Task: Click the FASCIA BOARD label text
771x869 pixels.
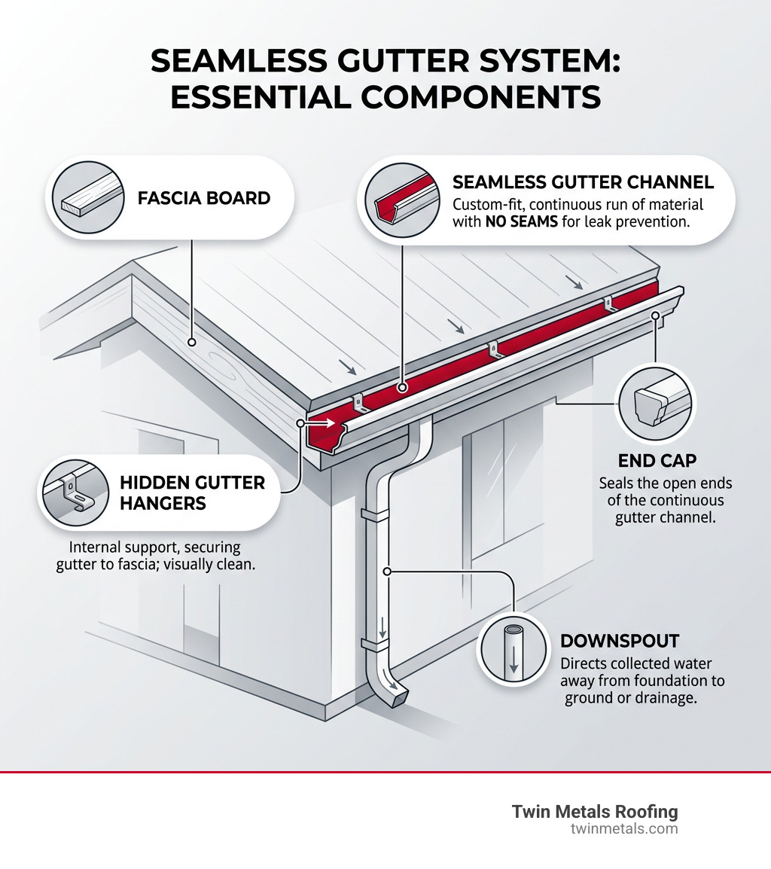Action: [203, 199]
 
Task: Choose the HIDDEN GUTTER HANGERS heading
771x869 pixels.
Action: [192, 492]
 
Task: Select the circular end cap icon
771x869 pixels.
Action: [656, 404]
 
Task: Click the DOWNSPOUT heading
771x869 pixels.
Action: [620, 642]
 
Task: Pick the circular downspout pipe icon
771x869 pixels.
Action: [513, 648]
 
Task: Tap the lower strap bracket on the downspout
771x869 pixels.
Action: [374, 645]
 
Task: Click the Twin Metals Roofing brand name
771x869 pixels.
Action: [595, 812]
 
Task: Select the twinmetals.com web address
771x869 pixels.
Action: [624, 829]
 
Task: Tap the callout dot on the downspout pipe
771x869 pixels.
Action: [388, 572]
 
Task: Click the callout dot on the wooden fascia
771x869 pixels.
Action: [193, 342]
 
